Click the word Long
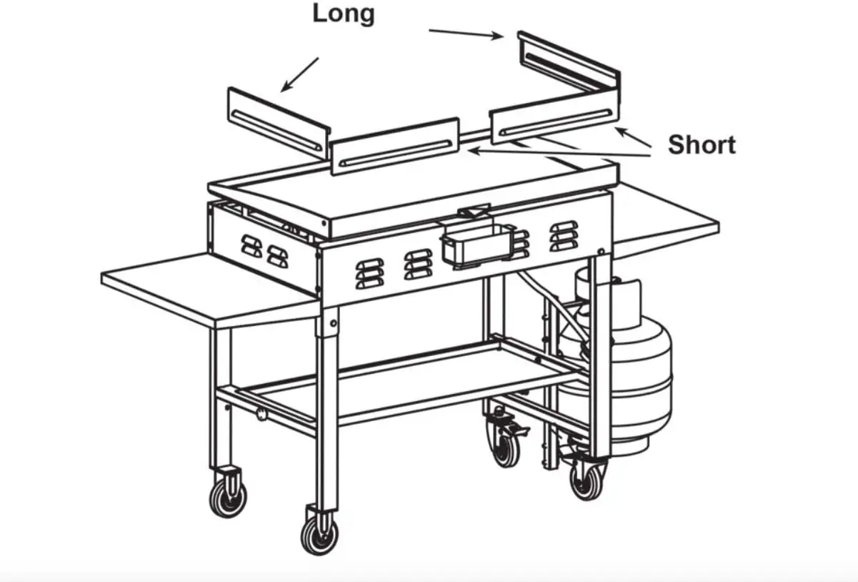344,14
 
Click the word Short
701,145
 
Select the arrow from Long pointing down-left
300,74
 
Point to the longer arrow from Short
557,149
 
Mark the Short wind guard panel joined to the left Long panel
394,147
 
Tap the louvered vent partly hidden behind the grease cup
521,243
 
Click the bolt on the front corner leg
333,322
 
